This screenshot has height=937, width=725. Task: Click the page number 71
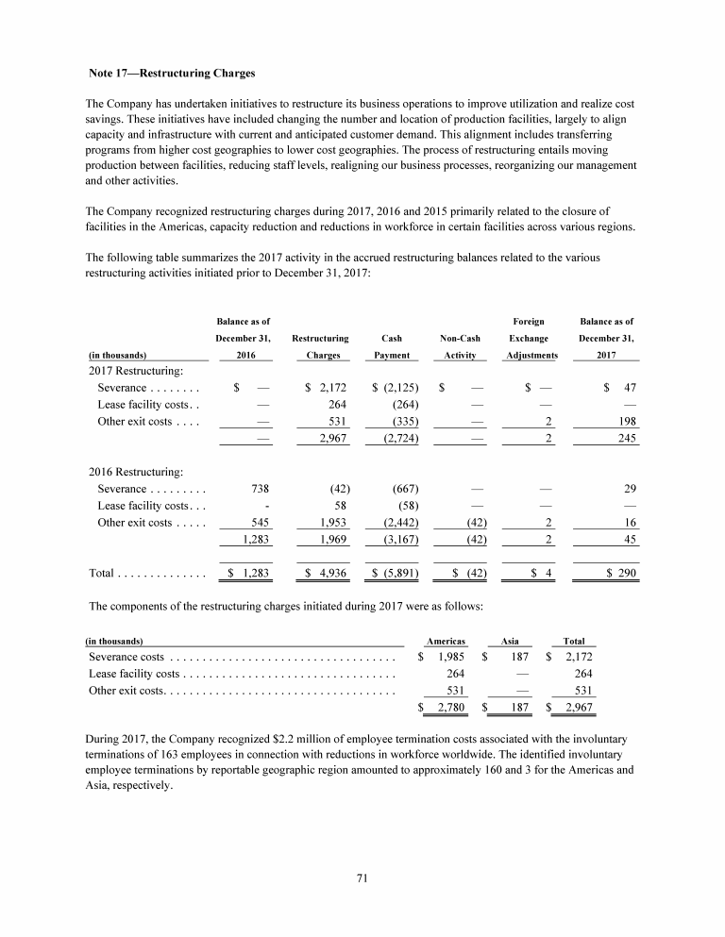click(362, 878)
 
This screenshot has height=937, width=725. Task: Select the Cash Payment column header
click(391, 345)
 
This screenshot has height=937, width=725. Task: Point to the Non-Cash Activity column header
click(458, 345)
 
